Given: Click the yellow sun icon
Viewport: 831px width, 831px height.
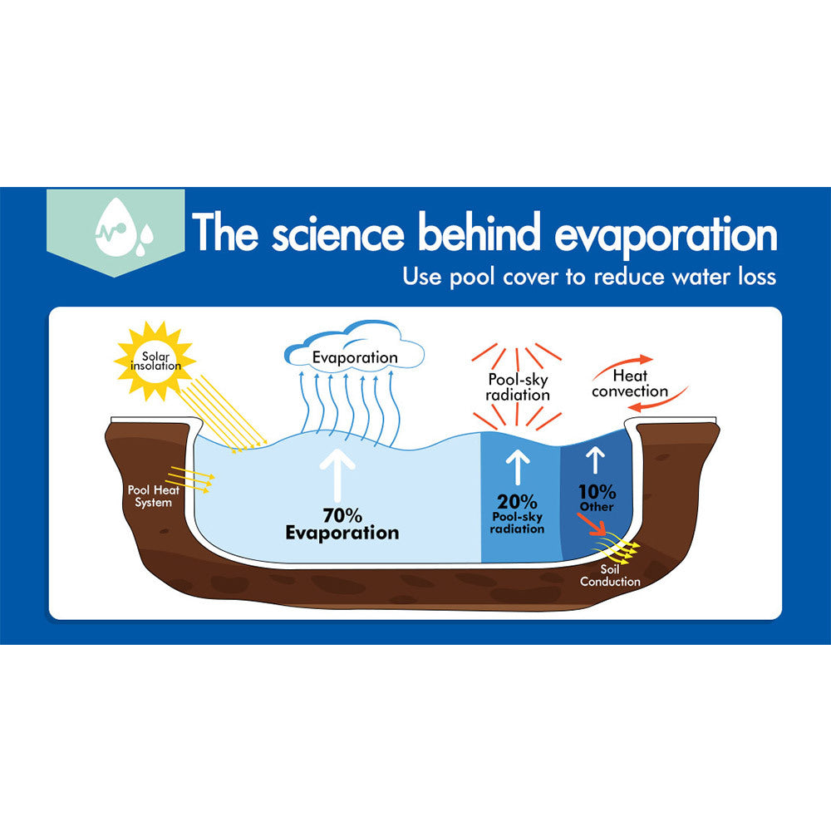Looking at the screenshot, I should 155,361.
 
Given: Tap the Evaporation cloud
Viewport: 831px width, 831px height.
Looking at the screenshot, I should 354,353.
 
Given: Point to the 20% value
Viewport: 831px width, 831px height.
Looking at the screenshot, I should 516,501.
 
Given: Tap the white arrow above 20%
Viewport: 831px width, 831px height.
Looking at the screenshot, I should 517,467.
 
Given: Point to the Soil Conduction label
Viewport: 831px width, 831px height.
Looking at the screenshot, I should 610,575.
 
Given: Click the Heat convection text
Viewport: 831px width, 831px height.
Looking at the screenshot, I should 630,383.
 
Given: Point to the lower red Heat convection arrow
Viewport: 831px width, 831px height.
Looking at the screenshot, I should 656,402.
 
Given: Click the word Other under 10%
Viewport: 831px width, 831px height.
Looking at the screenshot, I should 597,507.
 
